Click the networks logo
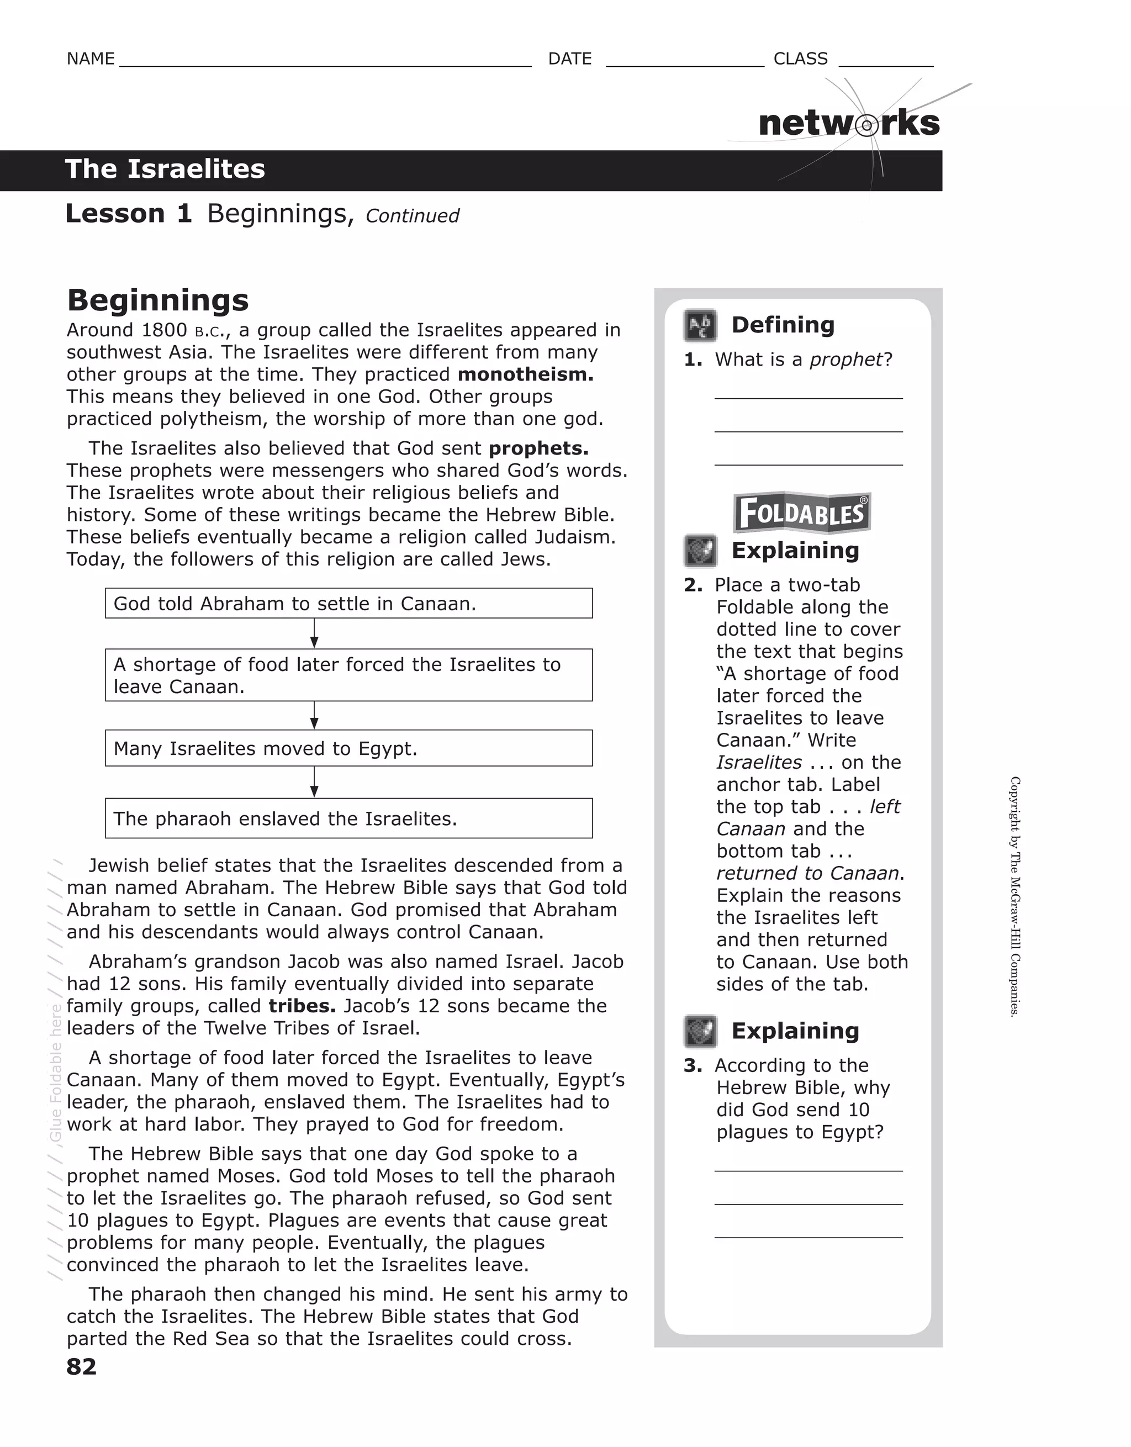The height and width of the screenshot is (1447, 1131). click(849, 124)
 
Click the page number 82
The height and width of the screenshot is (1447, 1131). click(82, 1366)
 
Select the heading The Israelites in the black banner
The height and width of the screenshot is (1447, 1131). click(165, 170)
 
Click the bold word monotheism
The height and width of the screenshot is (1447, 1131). click(525, 374)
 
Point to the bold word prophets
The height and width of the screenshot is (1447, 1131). click(538, 448)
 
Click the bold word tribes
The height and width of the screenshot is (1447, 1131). click(302, 1006)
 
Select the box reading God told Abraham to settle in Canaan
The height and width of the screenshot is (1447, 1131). click(348, 604)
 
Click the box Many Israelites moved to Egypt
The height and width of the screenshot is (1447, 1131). click(348, 749)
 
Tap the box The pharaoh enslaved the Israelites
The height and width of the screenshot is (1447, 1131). click(348, 819)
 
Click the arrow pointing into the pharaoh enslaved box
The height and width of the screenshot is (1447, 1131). click(314, 783)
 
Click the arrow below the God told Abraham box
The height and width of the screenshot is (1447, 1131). click(314, 634)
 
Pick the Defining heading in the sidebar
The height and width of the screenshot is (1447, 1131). click(783, 325)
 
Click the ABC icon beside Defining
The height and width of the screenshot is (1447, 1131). click(700, 326)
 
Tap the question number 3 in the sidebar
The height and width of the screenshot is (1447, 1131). click(693, 1066)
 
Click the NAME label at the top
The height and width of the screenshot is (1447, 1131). click(91, 59)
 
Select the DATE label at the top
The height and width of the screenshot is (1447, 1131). click(569, 59)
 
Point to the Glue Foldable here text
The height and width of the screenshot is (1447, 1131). click(56, 1073)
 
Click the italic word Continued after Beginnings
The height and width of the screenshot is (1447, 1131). click(412, 216)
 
